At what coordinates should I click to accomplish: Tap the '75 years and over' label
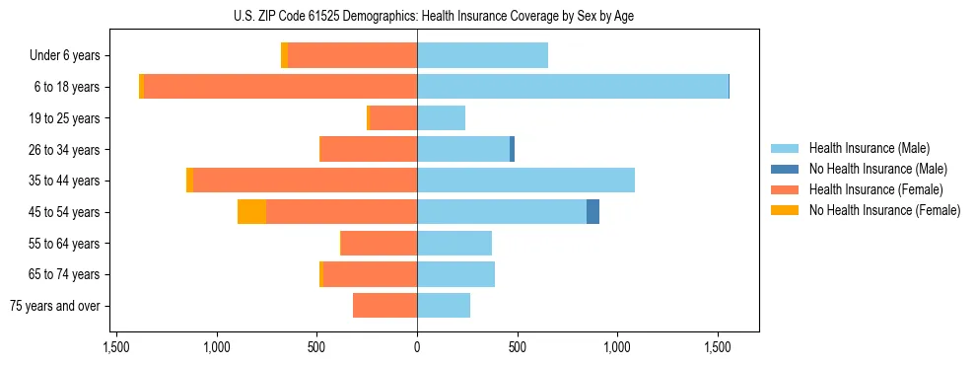(x=55, y=306)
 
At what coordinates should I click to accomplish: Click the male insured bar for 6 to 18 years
(x=572, y=87)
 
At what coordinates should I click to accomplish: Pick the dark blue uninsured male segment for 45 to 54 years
(x=593, y=212)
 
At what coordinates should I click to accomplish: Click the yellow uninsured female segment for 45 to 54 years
(x=252, y=212)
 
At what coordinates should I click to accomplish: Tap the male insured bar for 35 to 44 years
(x=525, y=181)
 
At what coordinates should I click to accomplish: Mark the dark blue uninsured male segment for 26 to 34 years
(x=512, y=149)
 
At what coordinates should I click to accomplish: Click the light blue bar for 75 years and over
(x=444, y=306)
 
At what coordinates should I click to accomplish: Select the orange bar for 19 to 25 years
(x=392, y=118)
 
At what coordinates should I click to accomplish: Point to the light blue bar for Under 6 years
(x=482, y=56)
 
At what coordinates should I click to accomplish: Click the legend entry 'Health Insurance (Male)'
(x=869, y=148)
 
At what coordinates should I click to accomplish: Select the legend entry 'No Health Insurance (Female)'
(x=884, y=210)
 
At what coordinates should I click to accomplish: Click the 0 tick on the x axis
(x=417, y=347)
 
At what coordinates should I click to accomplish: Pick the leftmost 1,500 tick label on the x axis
(x=116, y=347)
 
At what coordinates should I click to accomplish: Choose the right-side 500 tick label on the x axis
(x=518, y=347)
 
